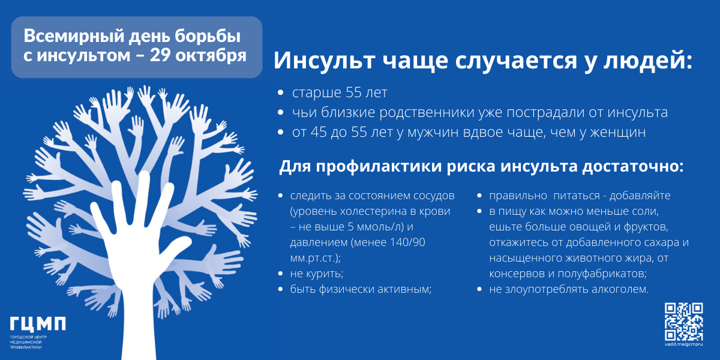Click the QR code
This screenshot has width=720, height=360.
coord(683,322)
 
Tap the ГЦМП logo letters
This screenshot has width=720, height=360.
coord(38,323)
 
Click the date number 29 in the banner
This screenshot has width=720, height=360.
coord(160,55)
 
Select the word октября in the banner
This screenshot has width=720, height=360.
coord(211,56)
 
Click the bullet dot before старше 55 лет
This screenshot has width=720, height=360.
coord(281,92)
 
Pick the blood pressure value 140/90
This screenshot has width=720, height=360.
coord(407,242)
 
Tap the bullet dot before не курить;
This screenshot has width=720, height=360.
coord(281,274)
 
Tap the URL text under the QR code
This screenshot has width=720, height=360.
coord(683,344)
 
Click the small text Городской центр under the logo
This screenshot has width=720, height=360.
coord(28,337)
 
